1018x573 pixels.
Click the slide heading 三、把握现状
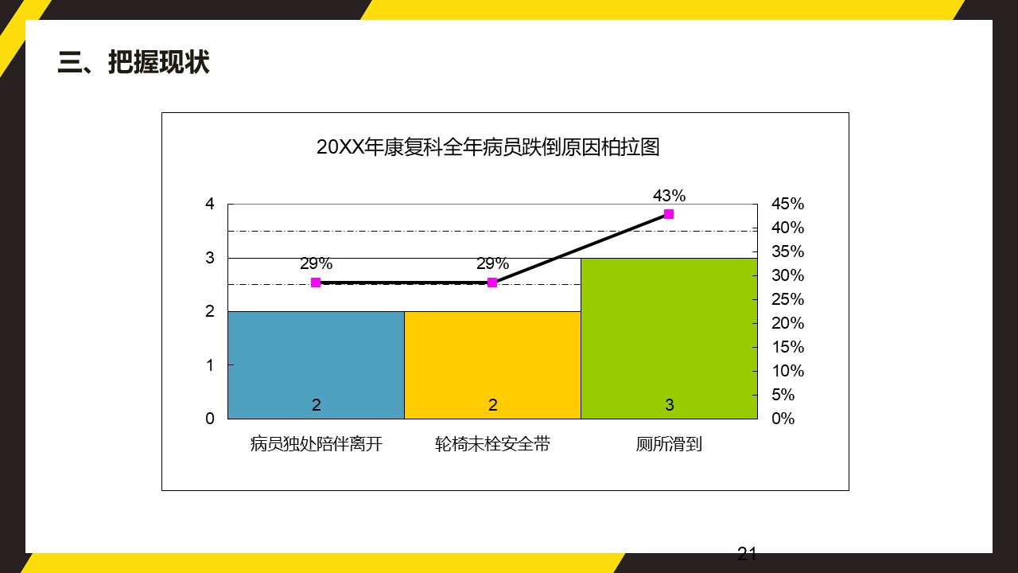pos(134,62)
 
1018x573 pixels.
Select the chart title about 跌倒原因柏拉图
pos(488,147)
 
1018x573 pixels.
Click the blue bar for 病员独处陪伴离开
pos(316,364)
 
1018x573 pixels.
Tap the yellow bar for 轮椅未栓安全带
pos(492,364)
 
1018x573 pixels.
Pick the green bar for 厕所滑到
pos(669,338)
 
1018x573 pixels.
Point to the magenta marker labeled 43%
pos(669,214)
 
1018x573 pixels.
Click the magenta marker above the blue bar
pos(316,283)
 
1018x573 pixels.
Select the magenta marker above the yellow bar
pos(492,283)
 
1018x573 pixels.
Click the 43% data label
pos(669,196)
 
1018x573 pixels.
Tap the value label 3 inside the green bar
pos(670,405)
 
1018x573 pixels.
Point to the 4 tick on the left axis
pos(210,204)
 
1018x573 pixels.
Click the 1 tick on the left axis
pos(210,365)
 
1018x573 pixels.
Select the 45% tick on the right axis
pos(787,204)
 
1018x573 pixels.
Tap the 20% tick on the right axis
pos(787,323)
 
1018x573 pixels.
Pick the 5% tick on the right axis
pos(783,395)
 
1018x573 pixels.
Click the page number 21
pos(747,555)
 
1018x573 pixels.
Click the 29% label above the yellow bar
pos(492,264)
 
